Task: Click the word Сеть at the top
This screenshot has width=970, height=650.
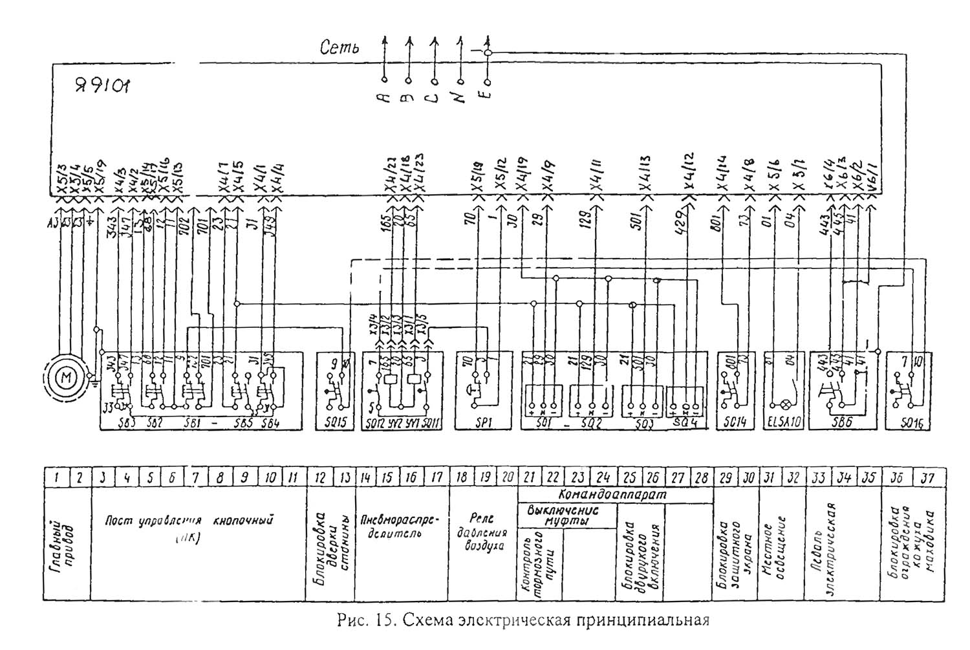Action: pos(339,48)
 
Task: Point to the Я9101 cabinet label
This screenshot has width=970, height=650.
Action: pos(102,84)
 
